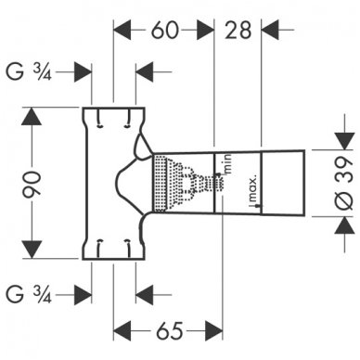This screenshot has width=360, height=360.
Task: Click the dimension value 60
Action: coord(164,31)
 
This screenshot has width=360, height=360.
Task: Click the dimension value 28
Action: coord(239,31)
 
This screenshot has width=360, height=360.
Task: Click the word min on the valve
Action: coord(225,165)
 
